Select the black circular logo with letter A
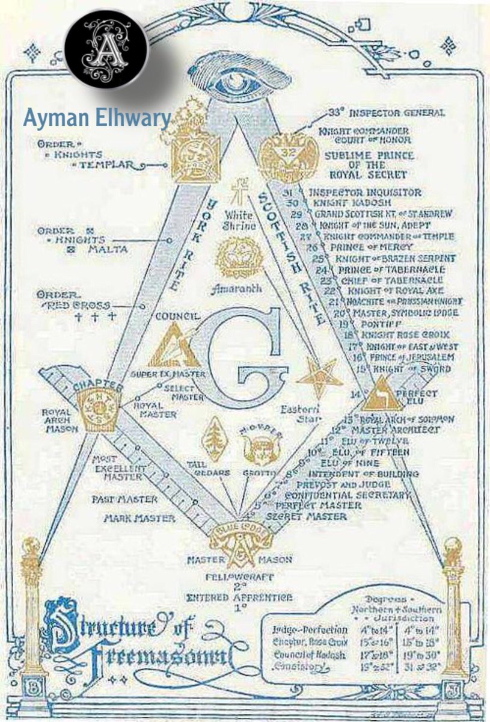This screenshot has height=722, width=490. point(114,49)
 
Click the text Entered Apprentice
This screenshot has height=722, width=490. point(240,597)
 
